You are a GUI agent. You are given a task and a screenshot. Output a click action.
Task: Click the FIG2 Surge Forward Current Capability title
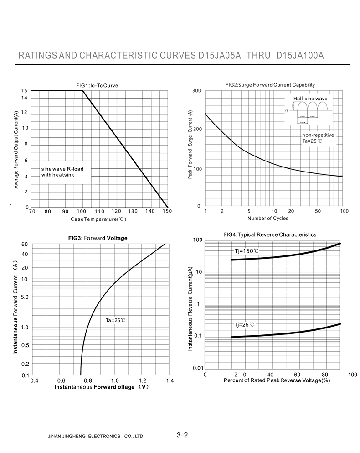pos(270,85)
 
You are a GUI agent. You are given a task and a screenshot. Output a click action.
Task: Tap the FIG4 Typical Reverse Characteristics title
pos(270,234)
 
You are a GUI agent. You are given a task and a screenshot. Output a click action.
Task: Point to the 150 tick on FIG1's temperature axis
pos(167,211)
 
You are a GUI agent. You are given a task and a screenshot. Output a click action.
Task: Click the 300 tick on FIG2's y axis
pos(196,91)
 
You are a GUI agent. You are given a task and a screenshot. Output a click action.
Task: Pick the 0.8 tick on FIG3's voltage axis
pos(87,380)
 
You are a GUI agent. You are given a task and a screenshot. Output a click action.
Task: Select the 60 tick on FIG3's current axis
pos(25,245)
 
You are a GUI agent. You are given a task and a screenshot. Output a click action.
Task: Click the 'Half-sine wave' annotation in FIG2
pos(310,98)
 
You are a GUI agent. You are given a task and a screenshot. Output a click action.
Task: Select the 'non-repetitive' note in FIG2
pos(318,135)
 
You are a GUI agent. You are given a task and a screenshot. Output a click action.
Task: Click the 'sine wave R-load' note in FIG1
pos(62,169)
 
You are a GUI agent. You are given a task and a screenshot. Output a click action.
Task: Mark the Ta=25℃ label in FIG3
pos(115,320)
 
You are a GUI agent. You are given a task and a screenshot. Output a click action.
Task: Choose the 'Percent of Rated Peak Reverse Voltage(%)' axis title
pos(277,380)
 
